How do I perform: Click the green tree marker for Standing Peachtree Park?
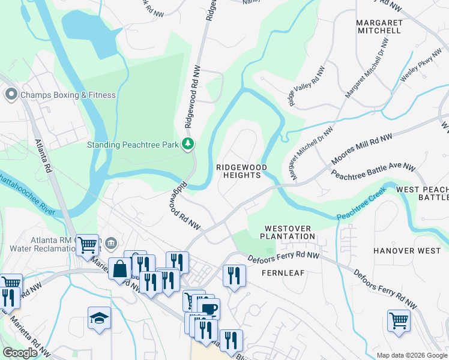tap(188, 143)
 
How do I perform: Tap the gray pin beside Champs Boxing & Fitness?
tap(10, 95)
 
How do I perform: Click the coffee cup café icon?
tap(209, 308)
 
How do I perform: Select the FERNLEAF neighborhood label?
tap(283, 272)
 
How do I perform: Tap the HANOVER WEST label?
tap(403, 250)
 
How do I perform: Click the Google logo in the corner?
tap(20, 353)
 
